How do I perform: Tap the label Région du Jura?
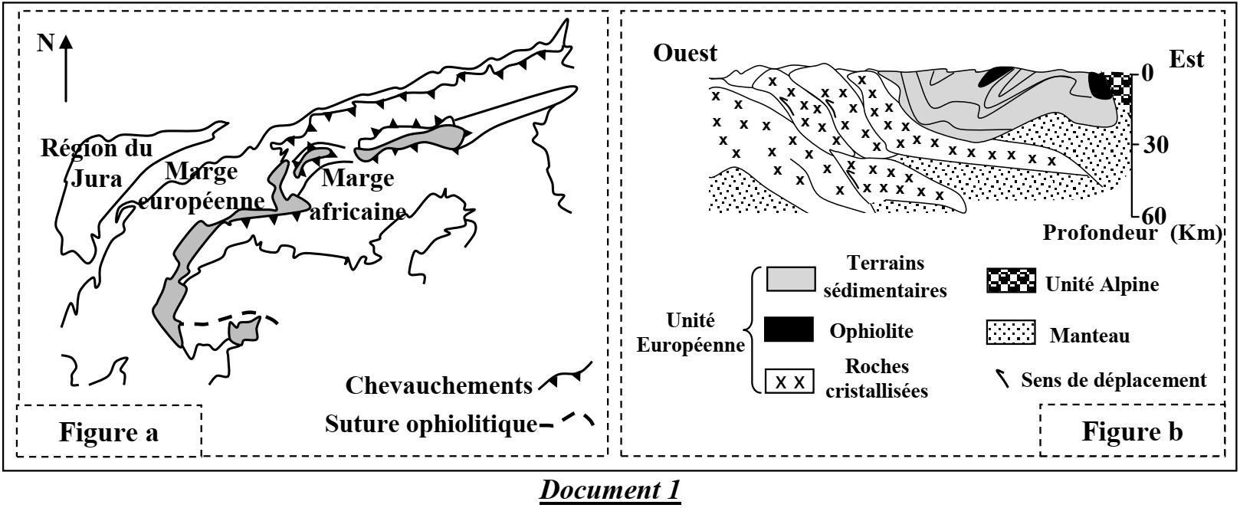coord(97,162)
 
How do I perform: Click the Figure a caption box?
coord(109,432)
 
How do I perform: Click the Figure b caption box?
coord(1131,431)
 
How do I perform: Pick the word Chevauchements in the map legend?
coord(438,385)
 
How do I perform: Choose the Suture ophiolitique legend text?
coord(431,423)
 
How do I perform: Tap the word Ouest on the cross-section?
coord(685,53)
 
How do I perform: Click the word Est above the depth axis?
coord(1186,59)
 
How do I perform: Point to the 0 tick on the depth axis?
coord(1147,74)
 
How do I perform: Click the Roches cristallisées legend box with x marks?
coord(789,382)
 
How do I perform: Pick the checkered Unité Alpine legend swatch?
coord(1011,282)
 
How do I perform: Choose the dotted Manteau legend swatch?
coord(1011,333)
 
